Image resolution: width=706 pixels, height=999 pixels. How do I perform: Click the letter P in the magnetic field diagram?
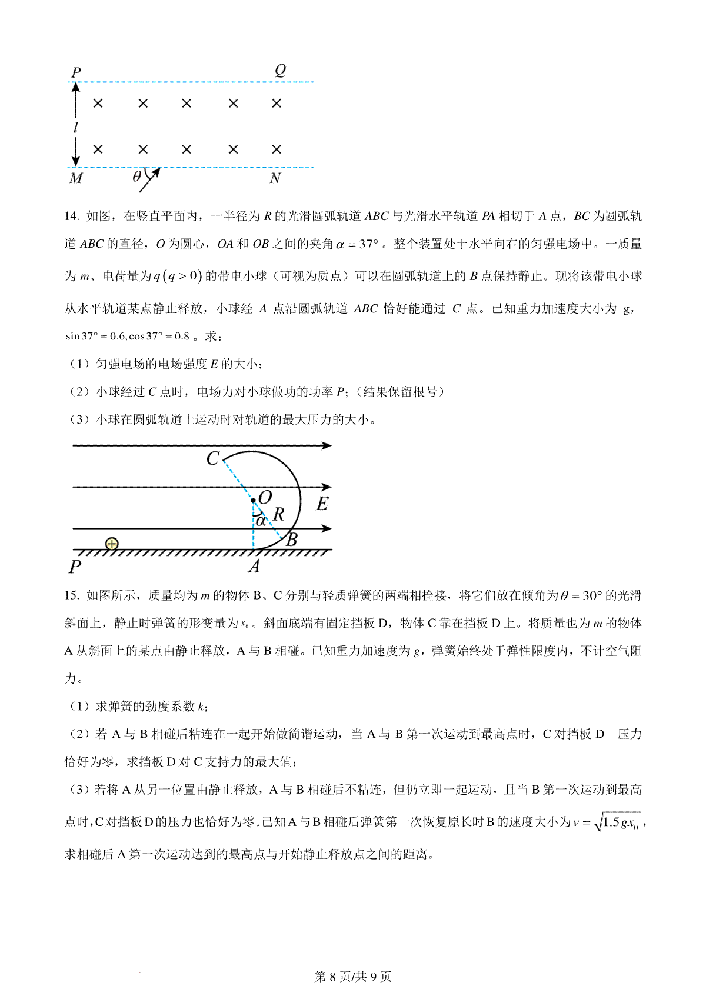[x=76, y=72]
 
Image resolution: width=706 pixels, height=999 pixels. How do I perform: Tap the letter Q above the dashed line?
[x=280, y=70]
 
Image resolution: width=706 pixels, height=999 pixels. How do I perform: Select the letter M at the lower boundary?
[x=76, y=178]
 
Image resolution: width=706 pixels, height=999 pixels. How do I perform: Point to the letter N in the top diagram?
[x=275, y=178]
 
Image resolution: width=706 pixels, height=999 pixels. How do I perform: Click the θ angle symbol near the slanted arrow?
[x=137, y=176]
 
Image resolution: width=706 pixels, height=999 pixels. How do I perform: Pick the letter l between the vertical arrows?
[x=75, y=127]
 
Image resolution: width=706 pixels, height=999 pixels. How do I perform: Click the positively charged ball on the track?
[x=112, y=544]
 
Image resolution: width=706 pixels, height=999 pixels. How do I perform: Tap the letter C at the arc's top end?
[x=213, y=458]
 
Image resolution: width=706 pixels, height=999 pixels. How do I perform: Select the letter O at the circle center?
[x=265, y=498]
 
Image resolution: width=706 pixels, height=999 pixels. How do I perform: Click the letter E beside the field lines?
[x=322, y=504]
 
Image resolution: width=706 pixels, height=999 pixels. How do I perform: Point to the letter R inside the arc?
[x=278, y=514]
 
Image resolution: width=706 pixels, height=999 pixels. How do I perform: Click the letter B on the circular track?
[x=291, y=539]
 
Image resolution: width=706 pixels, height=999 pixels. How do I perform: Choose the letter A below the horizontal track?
[x=254, y=566]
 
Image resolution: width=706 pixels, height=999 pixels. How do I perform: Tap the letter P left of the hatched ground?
[x=75, y=567]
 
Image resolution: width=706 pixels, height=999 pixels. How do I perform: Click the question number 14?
[x=71, y=217]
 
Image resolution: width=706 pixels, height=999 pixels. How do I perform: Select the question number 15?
[x=71, y=595]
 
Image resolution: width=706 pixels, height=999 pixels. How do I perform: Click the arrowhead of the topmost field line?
[x=327, y=445]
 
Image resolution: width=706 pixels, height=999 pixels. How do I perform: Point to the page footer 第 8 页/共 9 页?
[x=353, y=977]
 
